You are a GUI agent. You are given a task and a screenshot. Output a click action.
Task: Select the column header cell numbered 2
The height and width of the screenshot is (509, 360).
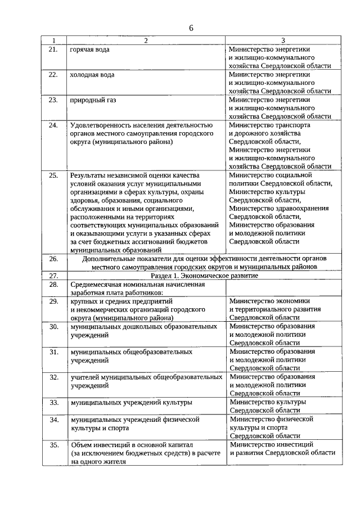(x=145, y=40)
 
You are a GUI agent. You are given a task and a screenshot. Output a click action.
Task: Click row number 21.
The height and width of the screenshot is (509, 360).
(x=54, y=49)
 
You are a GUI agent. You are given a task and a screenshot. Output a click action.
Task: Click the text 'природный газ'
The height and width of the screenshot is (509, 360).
(x=93, y=100)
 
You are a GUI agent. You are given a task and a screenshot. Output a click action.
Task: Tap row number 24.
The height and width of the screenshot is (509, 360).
(x=54, y=125)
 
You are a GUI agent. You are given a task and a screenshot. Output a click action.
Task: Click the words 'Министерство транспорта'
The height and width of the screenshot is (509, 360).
(x=269, y=125)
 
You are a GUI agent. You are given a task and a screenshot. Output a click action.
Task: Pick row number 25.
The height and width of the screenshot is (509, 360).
(x=54, y=175)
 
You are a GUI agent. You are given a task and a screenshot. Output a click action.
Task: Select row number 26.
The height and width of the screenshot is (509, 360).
(x=54, y=259)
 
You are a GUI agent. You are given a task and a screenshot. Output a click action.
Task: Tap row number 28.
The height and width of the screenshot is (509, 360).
(x=54, y=285)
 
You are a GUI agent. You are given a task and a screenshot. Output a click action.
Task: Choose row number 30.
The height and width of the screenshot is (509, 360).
(x=54, y=326)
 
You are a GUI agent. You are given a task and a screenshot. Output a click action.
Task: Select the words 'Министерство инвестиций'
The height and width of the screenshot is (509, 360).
(x=271, y=444)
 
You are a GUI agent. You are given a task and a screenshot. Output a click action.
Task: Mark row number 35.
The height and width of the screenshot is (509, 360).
(x=54, y=445)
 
